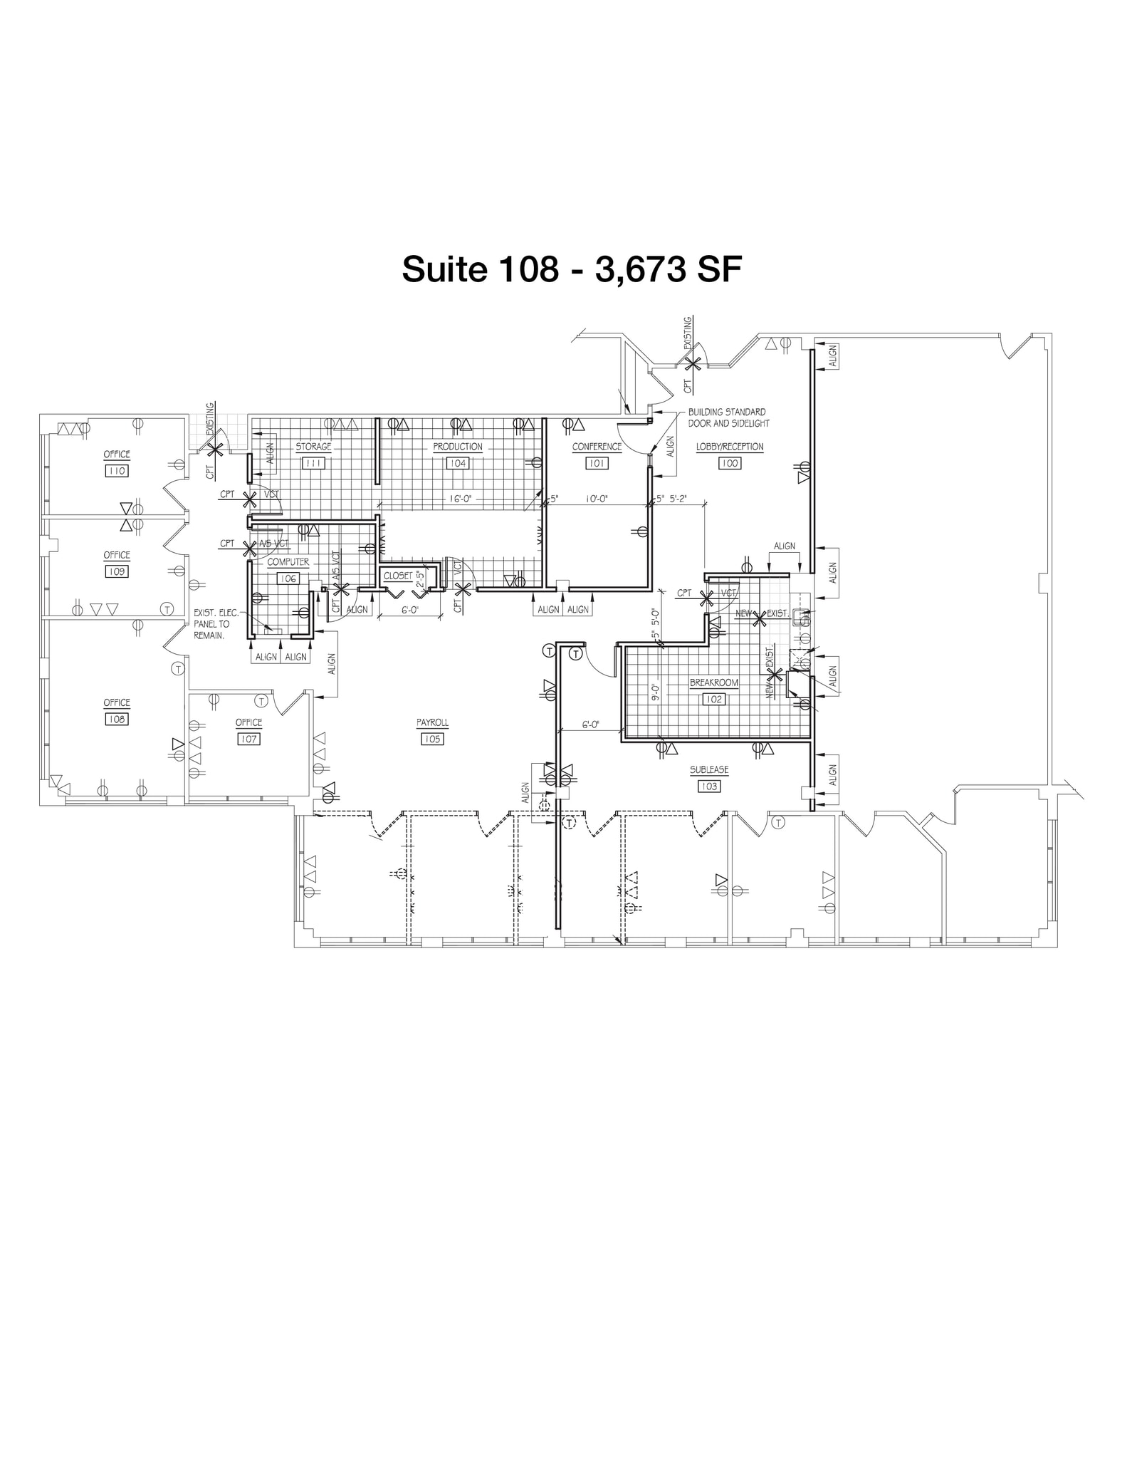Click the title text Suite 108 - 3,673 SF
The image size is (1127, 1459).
click(x=572, y=270)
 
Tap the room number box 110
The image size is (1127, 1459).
click(x=117, y=471)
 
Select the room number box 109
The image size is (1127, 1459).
click(x=117, y=571)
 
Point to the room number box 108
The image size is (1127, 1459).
click(x=117, y=720)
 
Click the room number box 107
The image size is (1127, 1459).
click(x=248, y=739)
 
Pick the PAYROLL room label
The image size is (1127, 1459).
click(x=433, y=723)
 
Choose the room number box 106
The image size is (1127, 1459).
click(x=288, y=578)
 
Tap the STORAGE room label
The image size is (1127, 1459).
click(x=313, y=447)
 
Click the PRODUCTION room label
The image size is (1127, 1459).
click(x=458, y=447)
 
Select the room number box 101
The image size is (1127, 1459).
click(x=597, y=463)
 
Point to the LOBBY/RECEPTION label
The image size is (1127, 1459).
click(x=730, y=447)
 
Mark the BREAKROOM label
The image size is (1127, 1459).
click(x=714, y=682)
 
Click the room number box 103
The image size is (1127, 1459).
click(x=709, y=786)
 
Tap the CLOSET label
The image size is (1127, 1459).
click(x=397, y=576)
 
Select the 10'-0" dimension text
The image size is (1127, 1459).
click(x=595, y=499)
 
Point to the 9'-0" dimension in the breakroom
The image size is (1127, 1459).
click(x=656, y=692)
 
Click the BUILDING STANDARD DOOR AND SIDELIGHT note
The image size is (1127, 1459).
click(x=728, y=417)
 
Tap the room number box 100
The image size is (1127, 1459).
click(x=730, y=463)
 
